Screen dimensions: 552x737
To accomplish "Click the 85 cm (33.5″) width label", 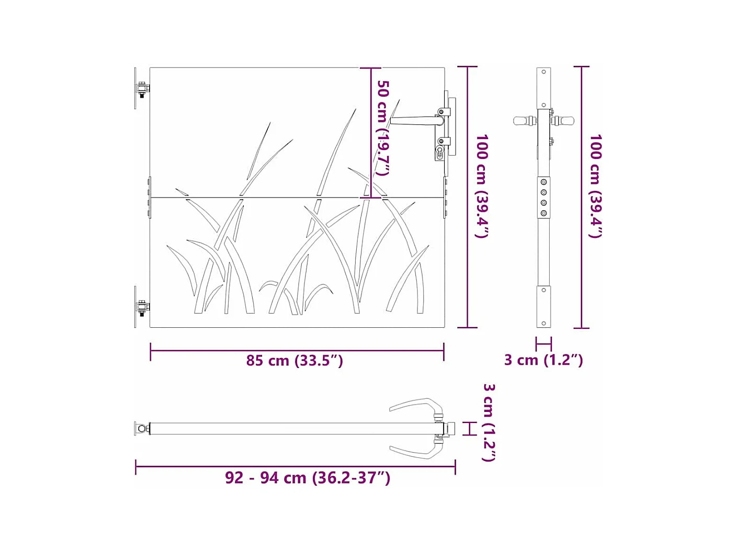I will coord(294,361).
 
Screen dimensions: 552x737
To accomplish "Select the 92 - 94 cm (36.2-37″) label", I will coord(308,478).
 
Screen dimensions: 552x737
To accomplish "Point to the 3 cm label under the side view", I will coord(543,360).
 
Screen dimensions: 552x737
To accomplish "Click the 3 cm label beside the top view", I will coord(489,422).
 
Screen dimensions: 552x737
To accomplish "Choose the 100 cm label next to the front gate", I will coord(482,186).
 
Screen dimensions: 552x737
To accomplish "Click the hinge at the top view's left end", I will coord(142,429).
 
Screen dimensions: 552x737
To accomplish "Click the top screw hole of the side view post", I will coord(543,72).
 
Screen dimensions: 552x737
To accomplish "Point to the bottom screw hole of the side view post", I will coord(543,324).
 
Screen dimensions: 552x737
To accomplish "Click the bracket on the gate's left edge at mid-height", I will coord(150,197).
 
